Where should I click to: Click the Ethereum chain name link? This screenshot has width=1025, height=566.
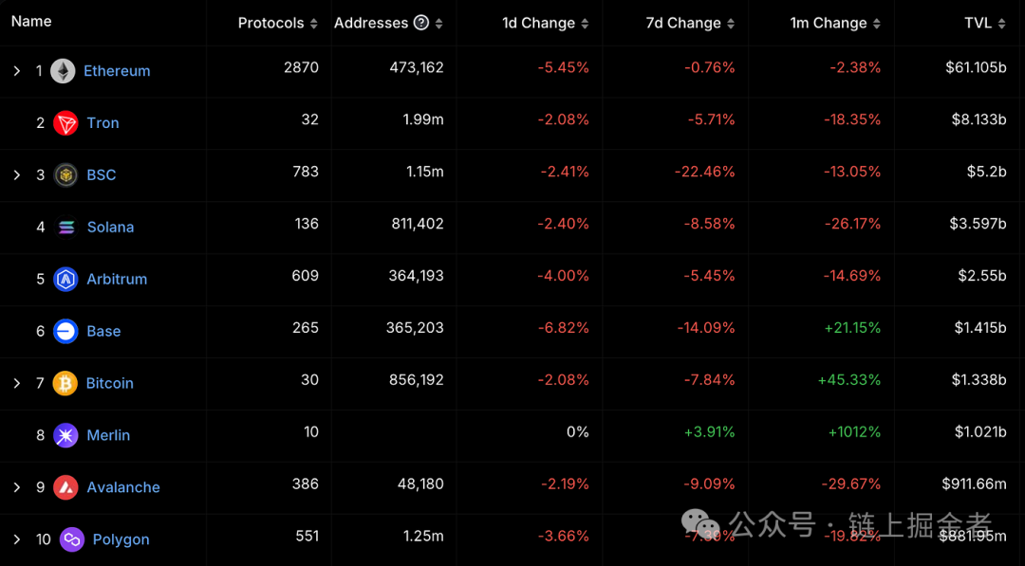pyautogui.click(x=117, y=71)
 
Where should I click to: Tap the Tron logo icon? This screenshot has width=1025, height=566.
pyautogui.click(x=65, y=123)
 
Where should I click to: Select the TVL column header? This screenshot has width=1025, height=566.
pyautogui.click(x=978, y=23)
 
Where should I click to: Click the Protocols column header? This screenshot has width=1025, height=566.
pyautogui.click(x=271, y=23)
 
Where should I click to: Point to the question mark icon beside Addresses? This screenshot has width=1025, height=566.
pyautogui.click(x=421, y=23)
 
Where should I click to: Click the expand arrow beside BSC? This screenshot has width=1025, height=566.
pyautogui.click(x=16, y=175)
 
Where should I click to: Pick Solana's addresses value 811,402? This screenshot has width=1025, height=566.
pyautogui.click(x=416, y=224)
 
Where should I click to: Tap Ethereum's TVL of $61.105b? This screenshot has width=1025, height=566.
pyautogui.click(x=976, y=67)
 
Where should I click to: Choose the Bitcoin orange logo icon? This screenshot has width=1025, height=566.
pyautogui.click(x=65, y=384)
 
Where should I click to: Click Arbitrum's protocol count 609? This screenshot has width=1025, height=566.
pyautogui.click(x=306, y=276)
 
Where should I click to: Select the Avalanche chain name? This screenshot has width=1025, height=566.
pyautogui.click(x=123, y=487)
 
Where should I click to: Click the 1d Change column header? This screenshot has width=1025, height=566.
pyautogui.click(x=538, y=23)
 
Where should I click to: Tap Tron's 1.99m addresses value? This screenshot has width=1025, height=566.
pyautogui.click(x=422, y=119)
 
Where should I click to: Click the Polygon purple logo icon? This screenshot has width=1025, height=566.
pyautogui.click(x=72, y=540)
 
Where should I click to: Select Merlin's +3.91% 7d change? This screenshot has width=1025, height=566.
pyautogui.click(x=709, y=432)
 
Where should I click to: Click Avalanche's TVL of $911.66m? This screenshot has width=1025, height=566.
pyautogui.click(x=974, y=484)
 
